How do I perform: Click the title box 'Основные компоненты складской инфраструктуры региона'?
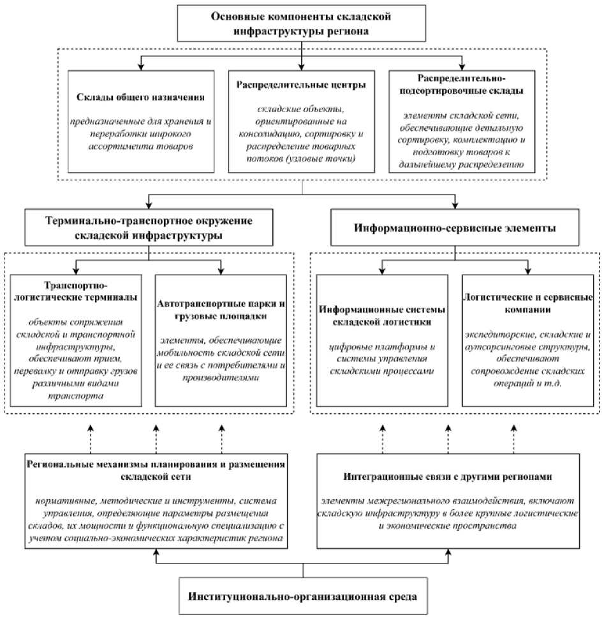(x=301, y=24)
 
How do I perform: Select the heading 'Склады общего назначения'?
(x=140, y=97)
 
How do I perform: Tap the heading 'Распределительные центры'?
(x=301, y=85)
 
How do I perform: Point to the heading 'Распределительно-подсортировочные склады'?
(x=461, y=85)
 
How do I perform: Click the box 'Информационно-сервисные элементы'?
(x=455, y=228)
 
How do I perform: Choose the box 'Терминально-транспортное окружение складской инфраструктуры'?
(x=149, y=228)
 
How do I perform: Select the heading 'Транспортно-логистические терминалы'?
(x=75, y=291)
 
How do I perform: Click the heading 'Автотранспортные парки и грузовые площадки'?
(x=221, y=310)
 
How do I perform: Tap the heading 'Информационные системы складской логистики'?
(x=382, y=316)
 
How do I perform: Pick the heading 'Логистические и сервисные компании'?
(x=527, y=303)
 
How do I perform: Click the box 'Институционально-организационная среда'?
(x=303, y=595)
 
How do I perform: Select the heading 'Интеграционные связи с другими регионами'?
(x=448, y=476)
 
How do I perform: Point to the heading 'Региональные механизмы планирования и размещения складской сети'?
(x=156, y=470)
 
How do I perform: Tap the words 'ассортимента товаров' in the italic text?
(x=140, y=147)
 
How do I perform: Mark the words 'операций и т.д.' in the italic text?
(x=527, y=383)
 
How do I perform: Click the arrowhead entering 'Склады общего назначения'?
(x=141, y=67)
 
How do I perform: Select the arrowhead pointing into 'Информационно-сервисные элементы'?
(x=455, y=205)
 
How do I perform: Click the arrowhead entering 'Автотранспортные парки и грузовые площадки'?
(x=221, y=271)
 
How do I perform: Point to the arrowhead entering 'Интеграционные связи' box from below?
(x=448, y=553)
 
